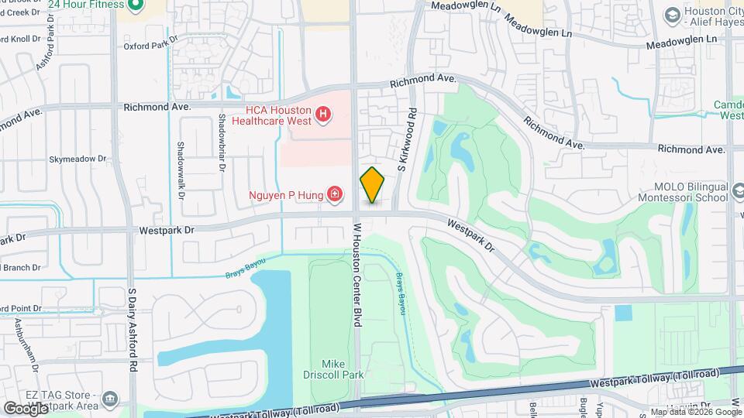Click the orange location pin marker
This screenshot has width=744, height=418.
pos(372,185)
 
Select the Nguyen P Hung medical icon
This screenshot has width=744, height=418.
pos(335,194)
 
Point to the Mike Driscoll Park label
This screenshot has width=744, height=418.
pos(343,369)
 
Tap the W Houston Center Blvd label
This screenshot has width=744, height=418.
pos(358,275)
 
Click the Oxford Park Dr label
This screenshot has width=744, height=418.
pos(150,46)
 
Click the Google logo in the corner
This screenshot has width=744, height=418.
pos(26,407)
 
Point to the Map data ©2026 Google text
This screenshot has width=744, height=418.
pos(694,412)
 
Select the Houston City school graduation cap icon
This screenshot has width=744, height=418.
pos(672,14)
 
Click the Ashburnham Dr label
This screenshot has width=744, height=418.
pos(34,352)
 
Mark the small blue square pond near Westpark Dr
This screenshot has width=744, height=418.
pos(623,313)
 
